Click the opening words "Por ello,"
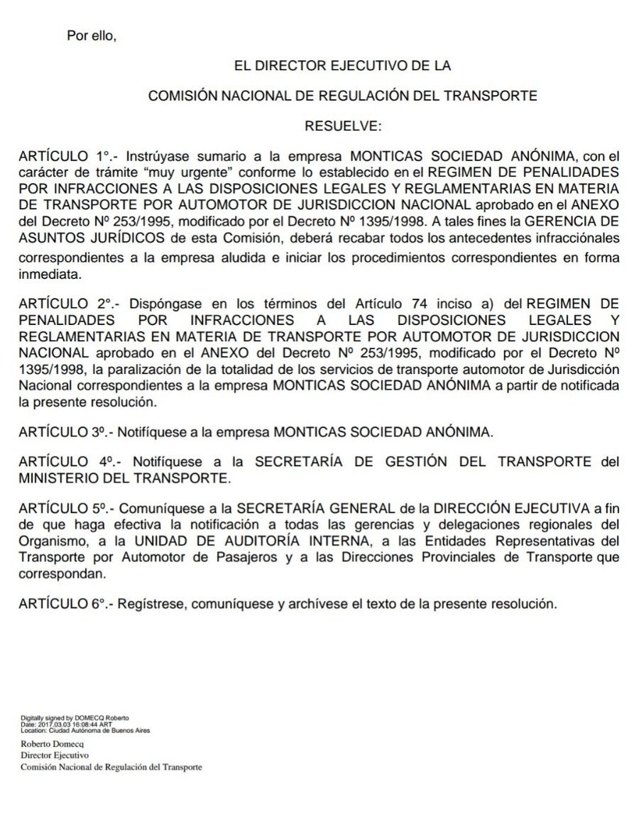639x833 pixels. (x=91, y=37)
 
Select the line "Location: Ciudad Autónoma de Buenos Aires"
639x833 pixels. (x=85, y=729)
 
